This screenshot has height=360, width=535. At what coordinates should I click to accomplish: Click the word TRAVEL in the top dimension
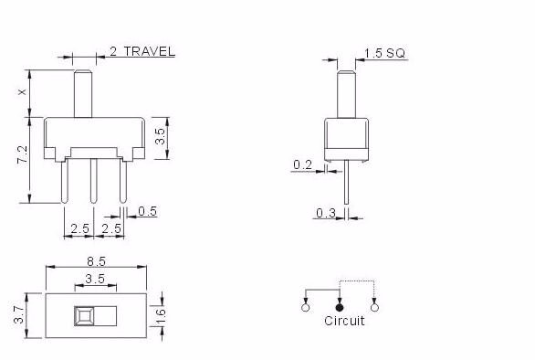pos(150,51)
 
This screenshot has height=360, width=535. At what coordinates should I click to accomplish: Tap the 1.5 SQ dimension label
pos(384,53)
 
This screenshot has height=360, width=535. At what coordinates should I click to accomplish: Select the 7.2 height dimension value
pos(23,154)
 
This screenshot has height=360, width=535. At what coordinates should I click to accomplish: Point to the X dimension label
pos(23,92)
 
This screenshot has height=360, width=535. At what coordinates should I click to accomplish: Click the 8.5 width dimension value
pos(96,261)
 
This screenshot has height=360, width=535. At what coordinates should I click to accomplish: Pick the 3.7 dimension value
pos(18,314)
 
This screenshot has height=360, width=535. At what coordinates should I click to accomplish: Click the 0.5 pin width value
pos(147,211)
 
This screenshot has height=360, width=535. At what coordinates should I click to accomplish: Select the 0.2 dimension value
pos(302,165)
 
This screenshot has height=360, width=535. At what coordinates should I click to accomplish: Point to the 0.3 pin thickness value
pos(326,213)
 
